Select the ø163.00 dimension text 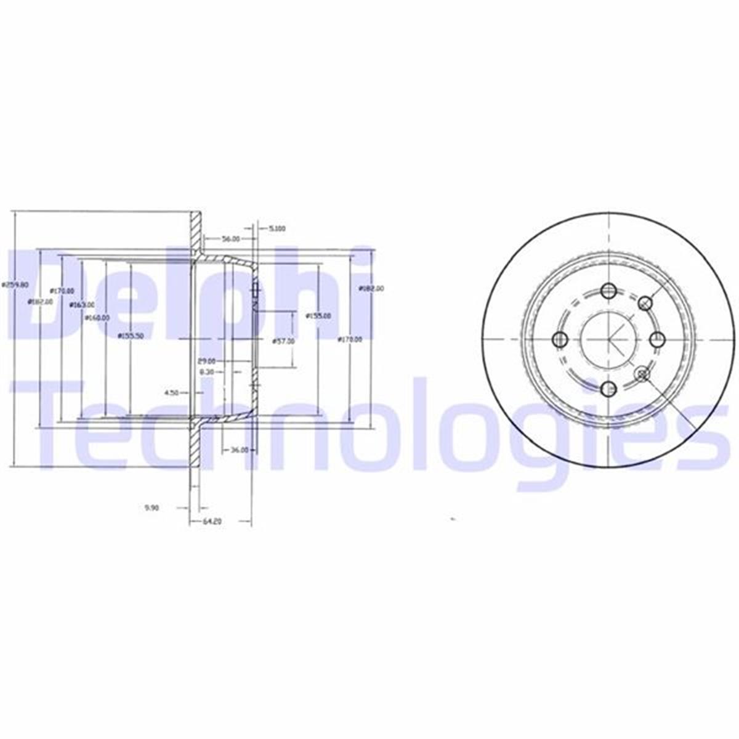[82, 305]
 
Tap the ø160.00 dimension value [97, 318]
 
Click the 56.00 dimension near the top [232, 239]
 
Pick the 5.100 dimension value [277, 228]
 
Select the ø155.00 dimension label [318, 316]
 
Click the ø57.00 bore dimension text [283, 341]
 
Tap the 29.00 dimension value [207, 361]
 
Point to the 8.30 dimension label [206, 373]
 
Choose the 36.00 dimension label [239, 450]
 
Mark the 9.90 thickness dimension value [151, 508]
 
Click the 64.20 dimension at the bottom [212, 522]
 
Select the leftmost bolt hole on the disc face [560, 339]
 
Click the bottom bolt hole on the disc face [609, 388]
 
